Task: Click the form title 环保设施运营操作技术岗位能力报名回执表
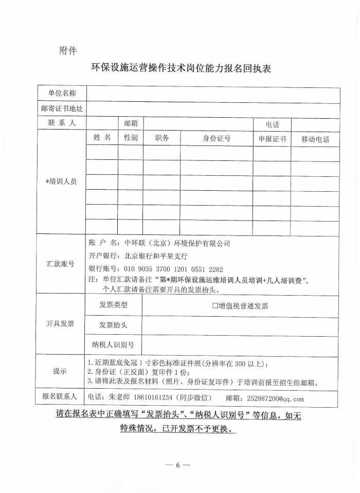pos(180,69)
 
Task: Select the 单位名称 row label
pos(62,93)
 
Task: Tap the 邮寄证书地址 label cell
pos(62,108)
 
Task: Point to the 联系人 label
pos(62,123)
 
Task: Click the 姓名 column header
pos(102,138)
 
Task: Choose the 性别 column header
pos(131,138)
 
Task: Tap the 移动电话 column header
pos(315,139)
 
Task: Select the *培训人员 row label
pos(61,181)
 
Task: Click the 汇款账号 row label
pos(61,264)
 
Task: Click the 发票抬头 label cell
pos(113,325)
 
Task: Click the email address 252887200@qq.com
pos(276,398)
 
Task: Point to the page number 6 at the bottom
pos(178,465)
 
